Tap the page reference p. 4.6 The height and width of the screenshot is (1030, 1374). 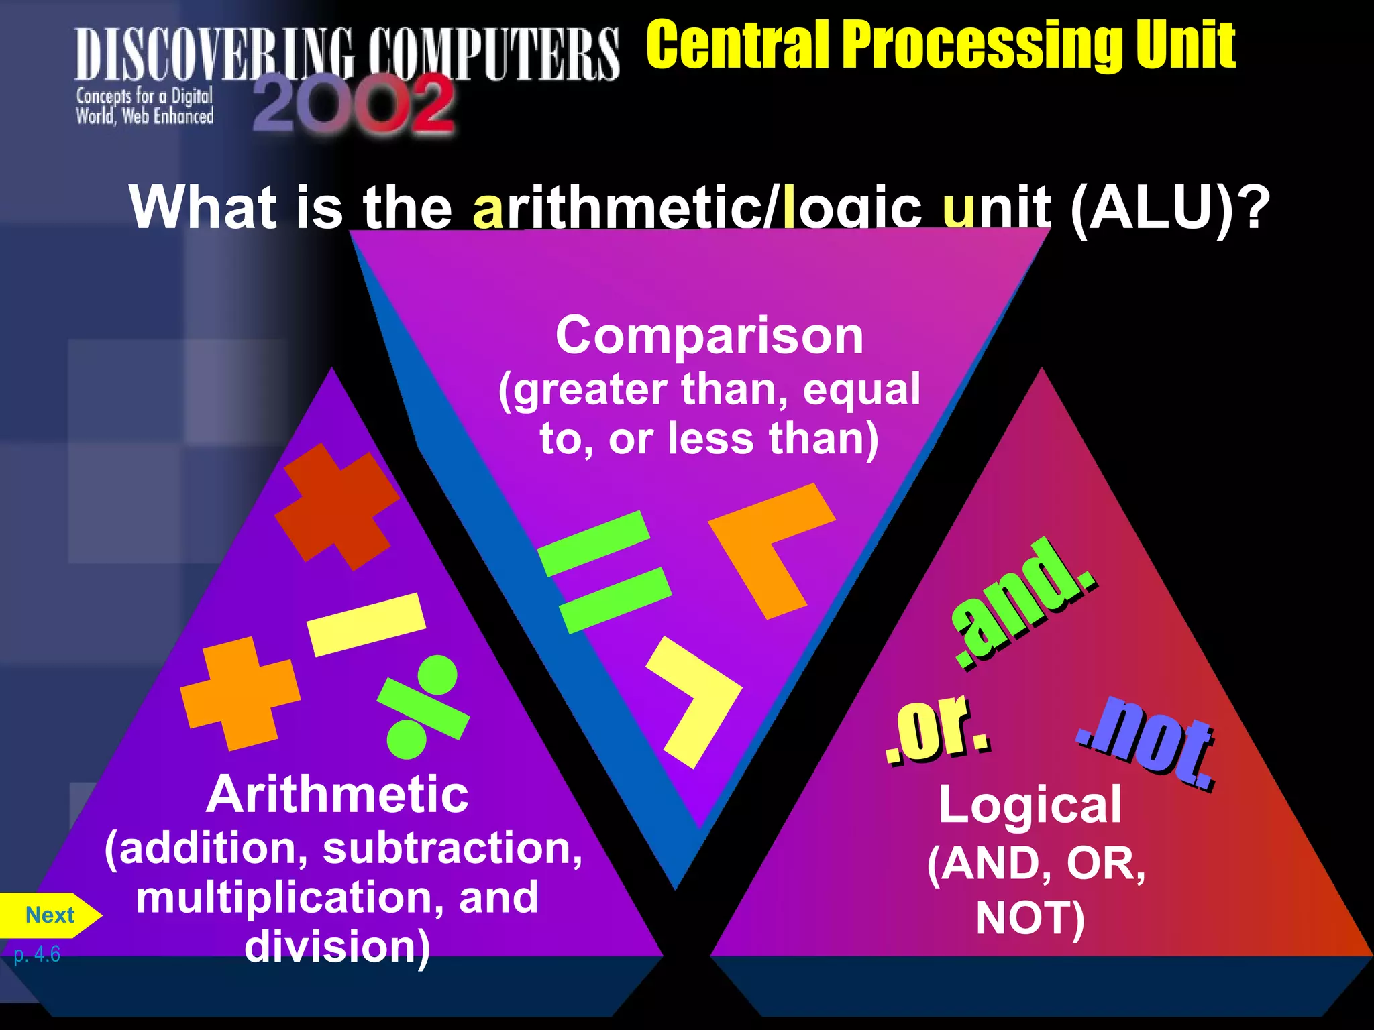pos(37,954)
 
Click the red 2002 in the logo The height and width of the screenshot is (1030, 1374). pos(353,105)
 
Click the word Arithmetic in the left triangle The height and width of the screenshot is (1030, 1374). pos(337,795)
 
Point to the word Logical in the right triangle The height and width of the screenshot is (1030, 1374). pos(1030,805)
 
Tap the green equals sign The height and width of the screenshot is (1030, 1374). pos(604,572)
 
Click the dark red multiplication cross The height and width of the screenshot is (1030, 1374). pos(337,506)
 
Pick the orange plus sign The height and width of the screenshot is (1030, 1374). pos(240,694)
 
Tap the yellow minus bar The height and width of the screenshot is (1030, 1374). pos(366,624)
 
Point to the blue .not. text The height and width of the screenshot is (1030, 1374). pos(1147,744)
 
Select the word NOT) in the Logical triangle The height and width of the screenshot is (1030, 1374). pos(1030,919)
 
